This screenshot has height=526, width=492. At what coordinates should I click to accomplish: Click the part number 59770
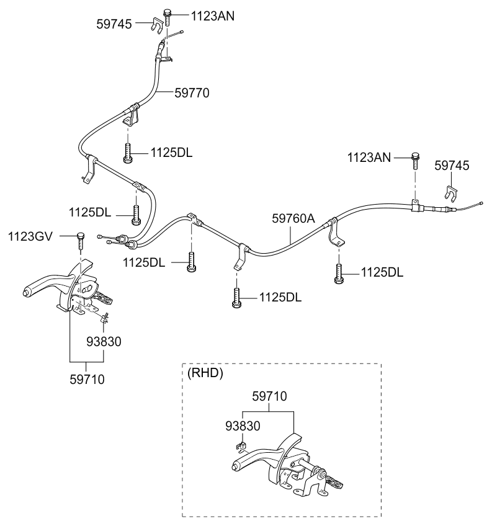[192, 93]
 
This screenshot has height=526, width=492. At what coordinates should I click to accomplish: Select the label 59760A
[293, 218]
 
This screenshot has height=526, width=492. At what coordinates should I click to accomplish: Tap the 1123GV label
[30, 236]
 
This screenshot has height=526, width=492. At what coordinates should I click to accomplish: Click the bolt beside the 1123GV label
[81, 240]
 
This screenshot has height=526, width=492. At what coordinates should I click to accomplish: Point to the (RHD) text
[205, 373]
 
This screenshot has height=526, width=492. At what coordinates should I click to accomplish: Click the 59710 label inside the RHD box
[269, 396]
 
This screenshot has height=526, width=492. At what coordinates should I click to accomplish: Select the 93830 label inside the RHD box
[243, 426]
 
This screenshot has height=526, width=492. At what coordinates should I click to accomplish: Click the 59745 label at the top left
[114, 24]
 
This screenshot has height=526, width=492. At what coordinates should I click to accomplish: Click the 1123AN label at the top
[213, 16]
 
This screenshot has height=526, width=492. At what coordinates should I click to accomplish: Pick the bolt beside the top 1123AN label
[167, 17]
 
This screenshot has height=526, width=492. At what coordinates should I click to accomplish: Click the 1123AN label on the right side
[369, 158]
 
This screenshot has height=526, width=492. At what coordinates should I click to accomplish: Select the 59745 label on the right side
[452, 166]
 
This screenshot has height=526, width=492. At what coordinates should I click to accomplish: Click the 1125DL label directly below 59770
[171, 153]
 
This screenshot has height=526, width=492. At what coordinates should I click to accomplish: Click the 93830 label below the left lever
[104, 342]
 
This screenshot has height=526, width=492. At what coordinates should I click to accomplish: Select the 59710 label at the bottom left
[87, 380]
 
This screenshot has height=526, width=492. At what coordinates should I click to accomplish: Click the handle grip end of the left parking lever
[26, 292]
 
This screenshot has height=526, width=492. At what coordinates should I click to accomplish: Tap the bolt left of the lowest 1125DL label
[236, 298]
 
